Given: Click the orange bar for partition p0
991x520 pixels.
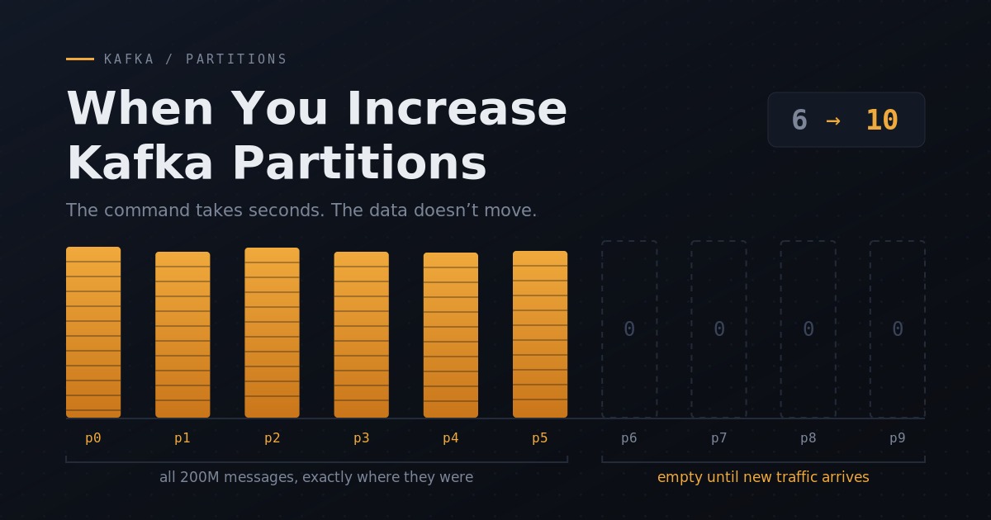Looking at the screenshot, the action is point(93,332).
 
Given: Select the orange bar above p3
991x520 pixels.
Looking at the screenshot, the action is point(362,335).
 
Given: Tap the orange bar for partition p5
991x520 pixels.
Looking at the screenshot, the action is point(540,334).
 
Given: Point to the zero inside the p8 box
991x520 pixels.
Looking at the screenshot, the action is point(808,329).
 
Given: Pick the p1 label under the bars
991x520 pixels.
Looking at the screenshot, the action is point(183,438).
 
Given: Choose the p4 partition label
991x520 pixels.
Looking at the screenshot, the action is point(451,438).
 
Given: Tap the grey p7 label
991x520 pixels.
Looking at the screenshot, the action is point(719,438).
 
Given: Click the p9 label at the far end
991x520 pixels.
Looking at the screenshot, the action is point(898,438).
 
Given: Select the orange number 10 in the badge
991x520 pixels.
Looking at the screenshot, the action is point(882,120).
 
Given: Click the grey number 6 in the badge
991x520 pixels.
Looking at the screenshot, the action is point(799,120).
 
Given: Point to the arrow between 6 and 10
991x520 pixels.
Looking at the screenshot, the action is point(833,121).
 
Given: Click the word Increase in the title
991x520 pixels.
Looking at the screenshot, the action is point(457,108).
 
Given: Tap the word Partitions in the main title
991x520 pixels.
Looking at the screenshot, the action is point(359,163).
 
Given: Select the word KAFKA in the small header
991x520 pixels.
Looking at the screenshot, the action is point(129,59).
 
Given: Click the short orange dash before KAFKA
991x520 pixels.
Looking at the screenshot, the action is point(80,59).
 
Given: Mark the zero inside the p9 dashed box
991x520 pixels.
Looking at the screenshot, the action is point(898,329).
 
